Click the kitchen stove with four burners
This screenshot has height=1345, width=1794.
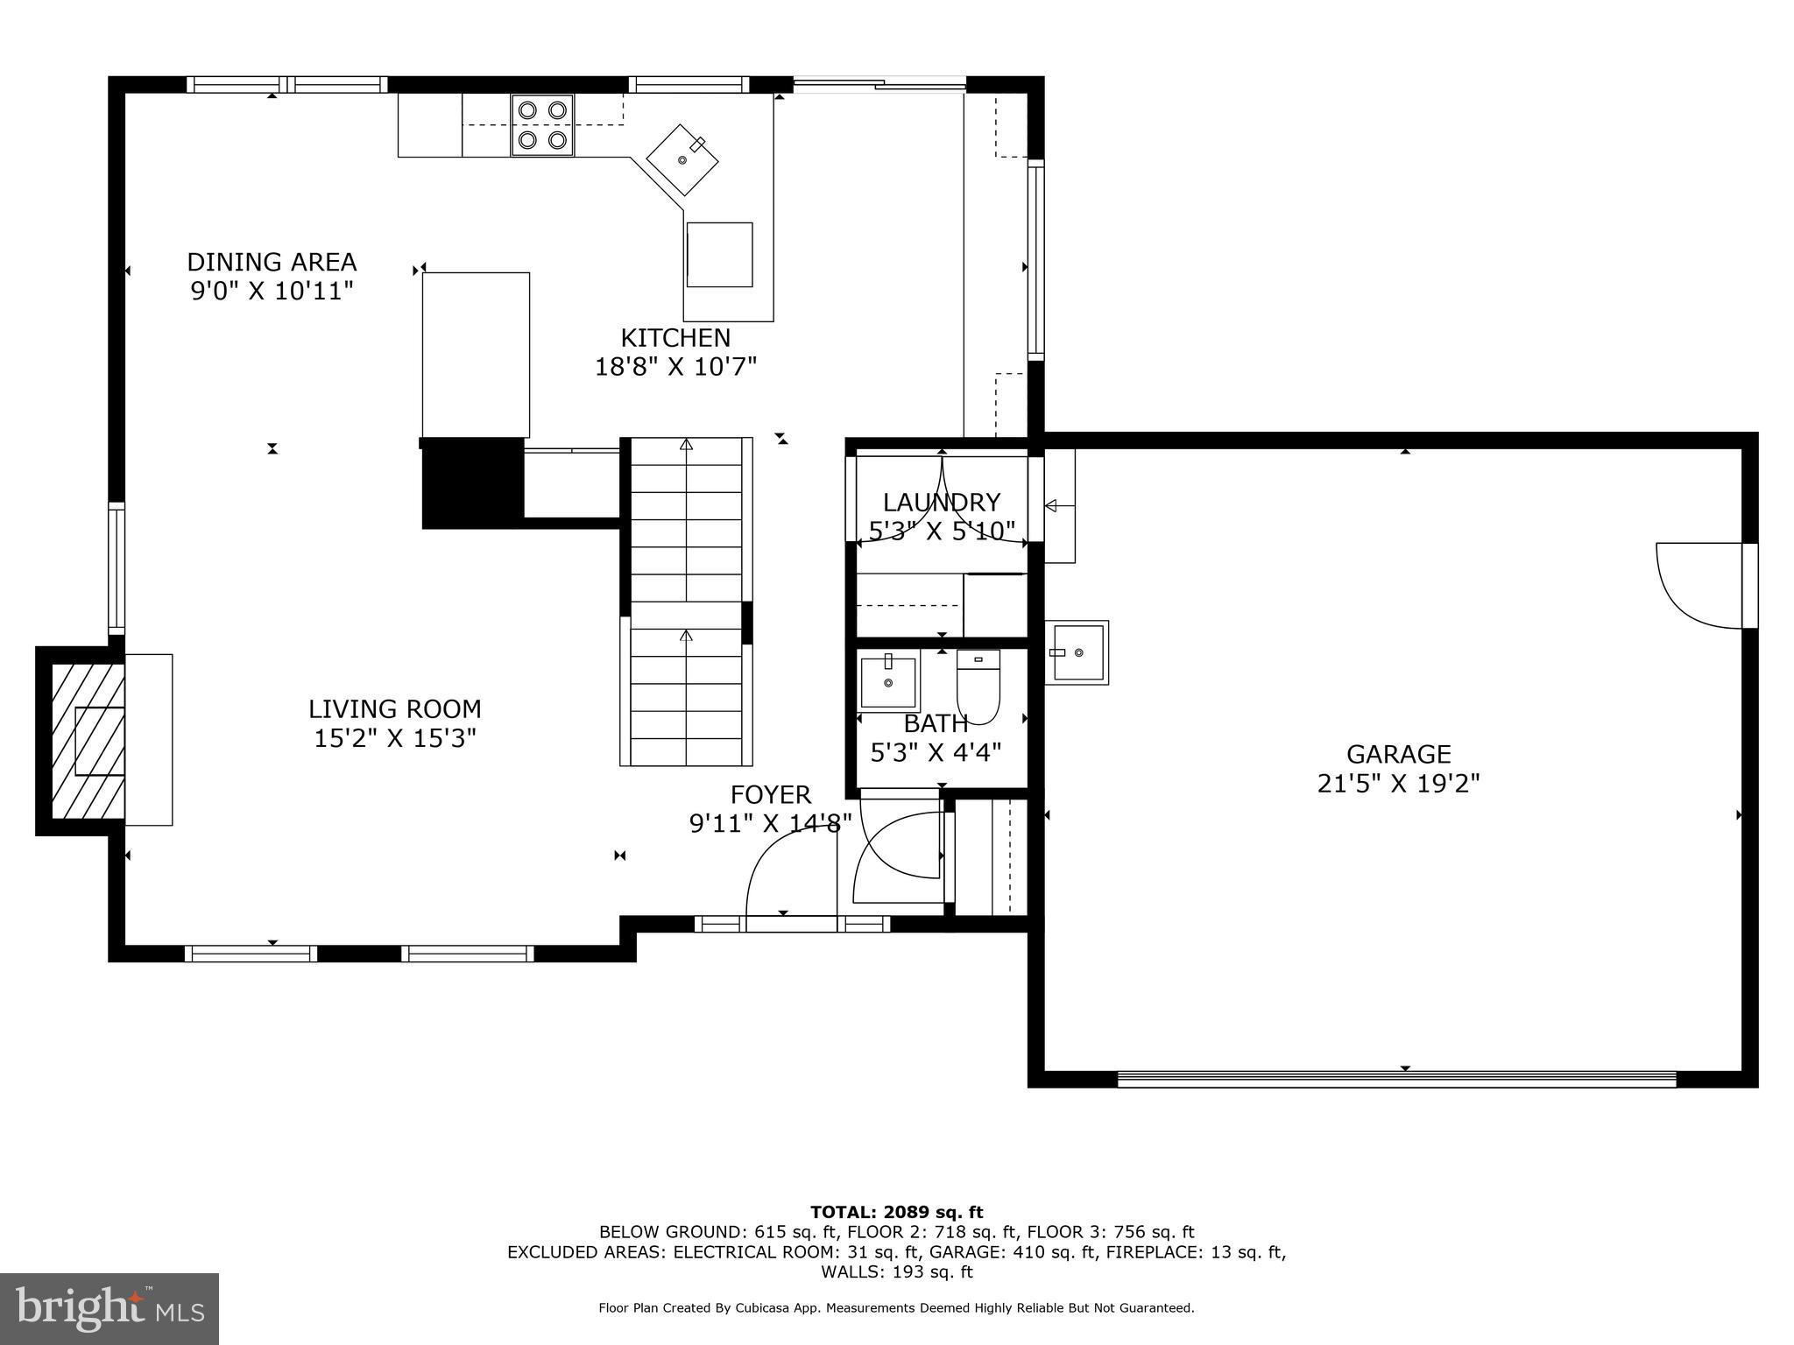542,124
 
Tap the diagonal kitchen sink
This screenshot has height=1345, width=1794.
682,160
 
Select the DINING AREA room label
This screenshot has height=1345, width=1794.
272,262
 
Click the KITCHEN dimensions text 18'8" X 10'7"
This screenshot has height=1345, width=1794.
675,366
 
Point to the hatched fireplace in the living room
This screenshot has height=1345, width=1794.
87,741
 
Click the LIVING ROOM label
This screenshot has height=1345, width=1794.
394,708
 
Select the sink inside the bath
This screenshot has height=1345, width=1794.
888,680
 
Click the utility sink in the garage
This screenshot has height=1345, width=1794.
1077,652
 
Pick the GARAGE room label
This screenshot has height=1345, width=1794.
1398,754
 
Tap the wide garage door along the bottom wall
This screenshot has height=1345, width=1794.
1396,1080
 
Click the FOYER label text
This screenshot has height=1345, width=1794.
771,794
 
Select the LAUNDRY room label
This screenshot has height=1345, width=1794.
941,502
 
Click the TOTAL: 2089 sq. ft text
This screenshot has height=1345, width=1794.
896,1212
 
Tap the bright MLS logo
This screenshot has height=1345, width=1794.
109,1308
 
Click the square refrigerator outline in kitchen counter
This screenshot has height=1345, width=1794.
719,255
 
